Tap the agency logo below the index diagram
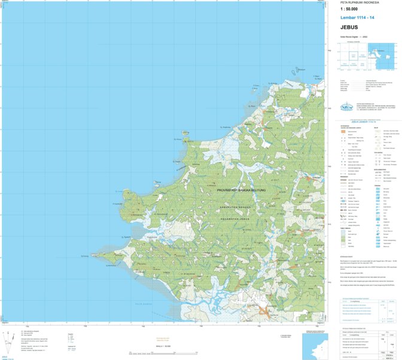pos(346,108)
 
